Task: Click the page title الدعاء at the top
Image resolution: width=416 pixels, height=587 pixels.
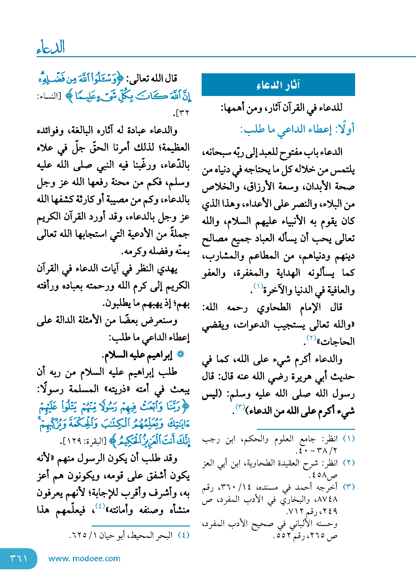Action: point(51,47)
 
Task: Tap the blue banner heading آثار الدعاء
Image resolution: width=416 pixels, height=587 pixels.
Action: point(278,85)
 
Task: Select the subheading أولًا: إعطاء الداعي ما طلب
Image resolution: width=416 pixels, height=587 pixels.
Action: point(297,129)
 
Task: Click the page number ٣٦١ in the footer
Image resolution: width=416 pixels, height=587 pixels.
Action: point(19,558)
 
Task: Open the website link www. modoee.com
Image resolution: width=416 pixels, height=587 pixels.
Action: point(84,558)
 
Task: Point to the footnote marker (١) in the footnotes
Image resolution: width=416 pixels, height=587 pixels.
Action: point(349,439)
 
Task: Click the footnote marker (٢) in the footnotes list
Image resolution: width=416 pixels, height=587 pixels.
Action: point(349,462)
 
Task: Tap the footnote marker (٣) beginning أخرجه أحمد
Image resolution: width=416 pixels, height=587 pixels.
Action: point(349,487)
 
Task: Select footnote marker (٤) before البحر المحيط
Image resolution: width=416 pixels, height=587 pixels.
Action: point(183,535)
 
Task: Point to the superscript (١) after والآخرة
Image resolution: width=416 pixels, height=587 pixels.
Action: point(258,286)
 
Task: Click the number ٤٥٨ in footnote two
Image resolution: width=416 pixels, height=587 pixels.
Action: point(320,475)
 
